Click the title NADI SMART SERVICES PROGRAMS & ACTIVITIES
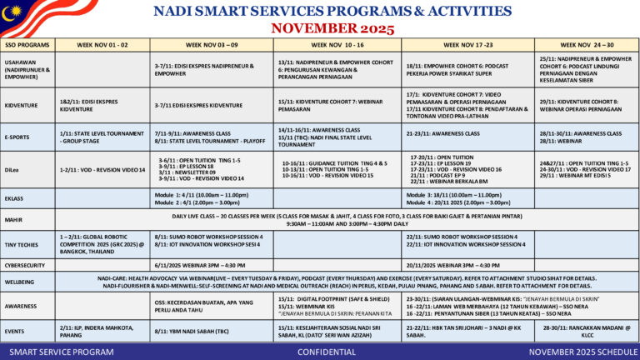[x=320, y=12]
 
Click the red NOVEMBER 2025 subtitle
[x=320, y=27]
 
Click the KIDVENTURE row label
[x=21, y=106]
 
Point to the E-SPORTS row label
[x=17, y=136]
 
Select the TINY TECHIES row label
[x=22, y=243]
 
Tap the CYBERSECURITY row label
[x=26, y=264]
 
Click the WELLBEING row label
[x=20, y=282]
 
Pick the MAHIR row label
[x=13, y=219]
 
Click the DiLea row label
[x=12, y=168]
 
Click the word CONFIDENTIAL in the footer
[x=320, y=352]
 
